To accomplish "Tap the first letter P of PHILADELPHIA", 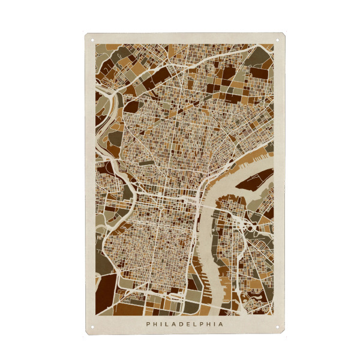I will click(148, 324).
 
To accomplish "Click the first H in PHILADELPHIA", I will click(155, 324).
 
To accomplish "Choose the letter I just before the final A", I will click(215, 324).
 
